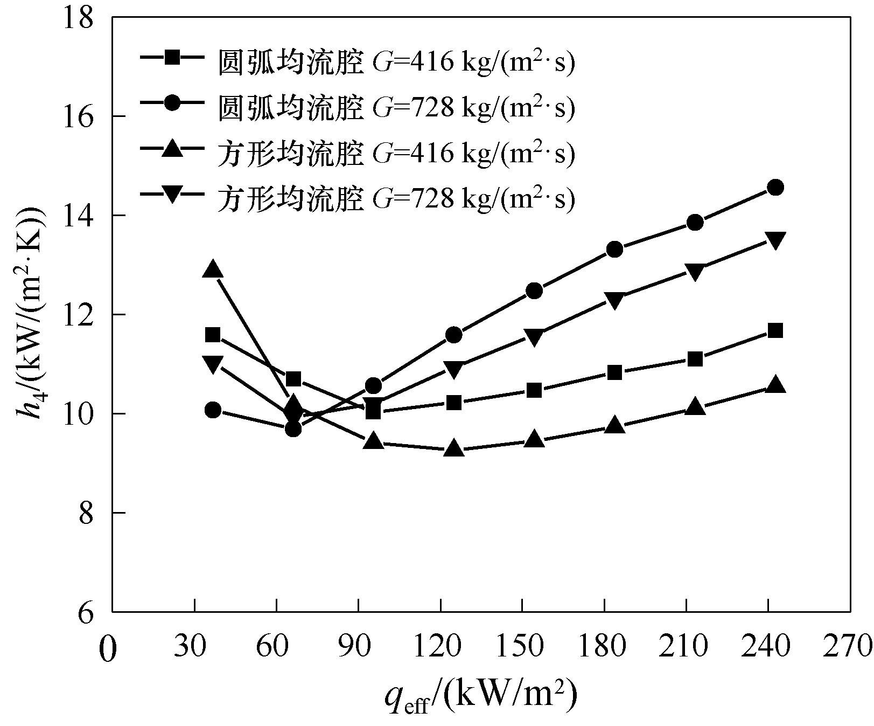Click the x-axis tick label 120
point(441,645)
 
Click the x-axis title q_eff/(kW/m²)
point(481,696)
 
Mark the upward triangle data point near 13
point(213,269)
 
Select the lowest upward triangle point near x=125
point(454,448)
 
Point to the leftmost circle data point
point(213,410)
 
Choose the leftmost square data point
point(213,335)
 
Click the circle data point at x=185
point(614,250)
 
